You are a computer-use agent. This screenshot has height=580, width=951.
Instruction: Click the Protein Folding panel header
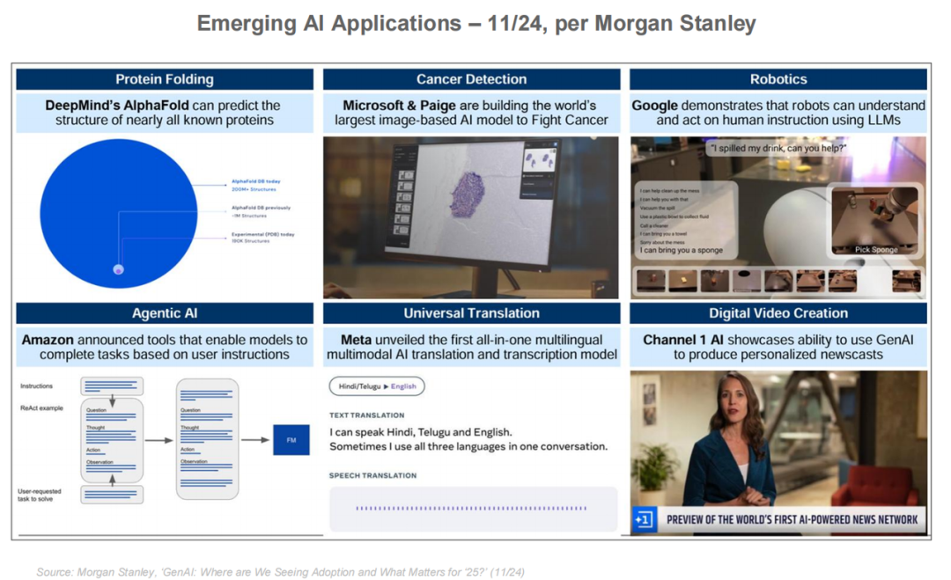[164, 79]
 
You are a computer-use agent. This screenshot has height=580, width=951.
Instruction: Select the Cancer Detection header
[471, 79]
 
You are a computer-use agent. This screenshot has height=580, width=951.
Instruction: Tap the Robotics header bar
[778, 79]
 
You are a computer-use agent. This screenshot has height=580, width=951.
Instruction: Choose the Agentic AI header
[164, 313]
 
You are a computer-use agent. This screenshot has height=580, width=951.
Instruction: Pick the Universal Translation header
[471, 313]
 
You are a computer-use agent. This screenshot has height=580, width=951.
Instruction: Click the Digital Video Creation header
[778, 313]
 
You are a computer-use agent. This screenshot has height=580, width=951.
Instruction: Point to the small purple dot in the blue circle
[119, 269]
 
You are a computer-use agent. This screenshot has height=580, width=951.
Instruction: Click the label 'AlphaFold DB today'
[256, 181]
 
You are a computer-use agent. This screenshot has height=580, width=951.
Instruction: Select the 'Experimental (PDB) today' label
[262, 234]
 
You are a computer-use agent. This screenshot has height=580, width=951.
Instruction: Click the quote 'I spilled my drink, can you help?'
[778, 149]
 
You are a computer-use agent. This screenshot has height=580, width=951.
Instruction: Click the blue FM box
[291, 439]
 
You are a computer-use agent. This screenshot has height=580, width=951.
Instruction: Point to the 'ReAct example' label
[41, 408]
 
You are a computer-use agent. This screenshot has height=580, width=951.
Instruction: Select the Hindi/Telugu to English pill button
[377, 386]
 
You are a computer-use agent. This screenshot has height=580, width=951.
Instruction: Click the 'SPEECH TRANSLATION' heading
[372, 476]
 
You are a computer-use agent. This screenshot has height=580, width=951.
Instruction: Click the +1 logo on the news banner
[644, 520]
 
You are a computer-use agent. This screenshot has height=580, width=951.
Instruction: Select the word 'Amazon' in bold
[48, 340]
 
